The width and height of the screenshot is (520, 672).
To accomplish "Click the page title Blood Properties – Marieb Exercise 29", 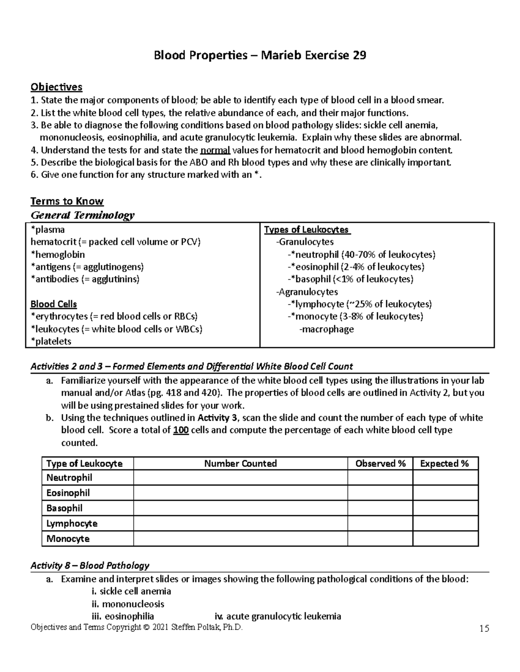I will coord(260,56).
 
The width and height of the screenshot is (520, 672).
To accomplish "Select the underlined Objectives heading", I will coord(56,87).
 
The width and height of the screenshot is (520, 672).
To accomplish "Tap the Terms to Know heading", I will coord(67,201).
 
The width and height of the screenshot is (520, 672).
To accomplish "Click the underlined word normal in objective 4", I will coord(215,150).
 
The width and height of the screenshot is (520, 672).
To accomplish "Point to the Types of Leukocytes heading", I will coord(307,230).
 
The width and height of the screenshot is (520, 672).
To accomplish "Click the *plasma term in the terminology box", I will coord(48,230).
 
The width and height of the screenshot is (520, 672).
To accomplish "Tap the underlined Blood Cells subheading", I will coord(54,304).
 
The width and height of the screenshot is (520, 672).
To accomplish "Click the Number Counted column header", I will coord(240,463).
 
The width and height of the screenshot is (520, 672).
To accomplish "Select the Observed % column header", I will coord(380,463).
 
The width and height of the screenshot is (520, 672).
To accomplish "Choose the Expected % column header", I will coord(445,463).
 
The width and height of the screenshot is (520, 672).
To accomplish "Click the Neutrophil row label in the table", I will coord(69,478).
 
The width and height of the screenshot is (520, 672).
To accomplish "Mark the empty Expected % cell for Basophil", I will coord(445,508).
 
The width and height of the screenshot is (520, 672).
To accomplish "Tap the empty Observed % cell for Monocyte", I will coord(380,539).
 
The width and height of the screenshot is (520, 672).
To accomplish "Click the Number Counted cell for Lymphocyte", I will coord(240,524).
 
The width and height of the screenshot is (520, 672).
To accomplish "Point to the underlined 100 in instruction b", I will coord(181,431).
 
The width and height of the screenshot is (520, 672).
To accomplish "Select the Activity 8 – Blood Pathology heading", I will coord(90,566).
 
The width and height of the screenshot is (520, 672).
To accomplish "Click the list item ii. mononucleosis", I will coord(127,604).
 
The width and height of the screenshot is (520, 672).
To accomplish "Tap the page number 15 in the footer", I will coord(484,628).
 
